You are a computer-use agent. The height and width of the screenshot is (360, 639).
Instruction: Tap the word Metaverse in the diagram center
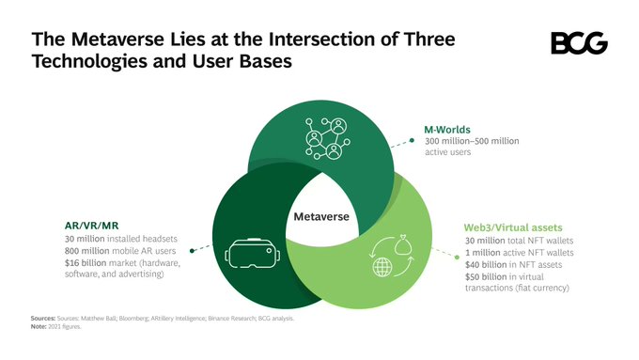(x=321, y=217)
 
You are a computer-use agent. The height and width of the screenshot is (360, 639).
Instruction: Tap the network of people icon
(x=324, y=138)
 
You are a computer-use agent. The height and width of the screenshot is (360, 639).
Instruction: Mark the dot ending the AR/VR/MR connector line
(x=192, y=249)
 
